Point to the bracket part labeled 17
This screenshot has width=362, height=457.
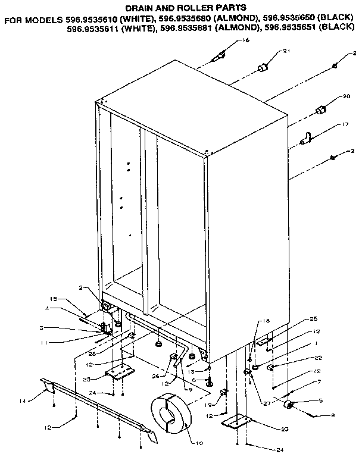pyautogui.click(x=306, y=139)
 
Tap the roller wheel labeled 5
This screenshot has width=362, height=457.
pyautogui.click(x=291, y=405)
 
